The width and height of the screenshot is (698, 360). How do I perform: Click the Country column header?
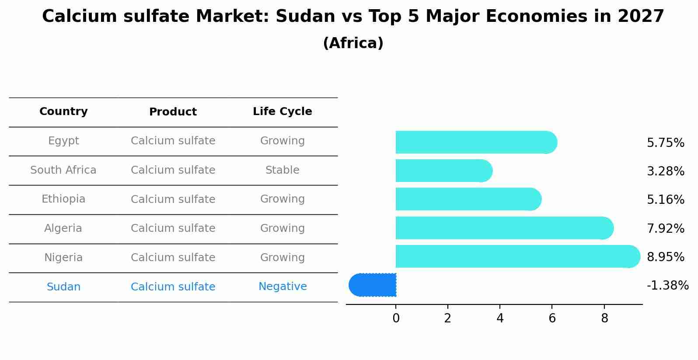point(63,112)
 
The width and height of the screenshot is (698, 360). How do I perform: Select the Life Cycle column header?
point(282,112)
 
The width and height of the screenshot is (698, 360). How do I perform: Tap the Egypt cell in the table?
point(63,141)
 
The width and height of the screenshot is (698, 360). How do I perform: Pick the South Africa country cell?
point(63,170)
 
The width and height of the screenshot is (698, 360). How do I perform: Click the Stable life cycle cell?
point(282,170)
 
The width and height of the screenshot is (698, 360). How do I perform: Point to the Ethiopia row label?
point(63,199)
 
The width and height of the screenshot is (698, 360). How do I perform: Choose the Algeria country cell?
point(63,228)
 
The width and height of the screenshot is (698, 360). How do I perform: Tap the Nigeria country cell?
point(63,258)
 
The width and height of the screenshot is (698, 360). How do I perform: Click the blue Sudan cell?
point(63,287)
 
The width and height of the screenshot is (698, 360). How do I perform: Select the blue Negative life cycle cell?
point(282,287)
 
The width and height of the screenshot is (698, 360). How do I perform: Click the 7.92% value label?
point(665,228)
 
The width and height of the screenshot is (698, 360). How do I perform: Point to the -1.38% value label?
point(667,286)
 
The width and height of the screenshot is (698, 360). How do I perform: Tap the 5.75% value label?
point(665,143)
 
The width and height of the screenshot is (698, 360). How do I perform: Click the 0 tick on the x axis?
point(396,318)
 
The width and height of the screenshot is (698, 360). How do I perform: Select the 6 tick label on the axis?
point(552,318)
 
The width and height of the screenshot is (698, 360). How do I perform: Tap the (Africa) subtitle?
point(353,43)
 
